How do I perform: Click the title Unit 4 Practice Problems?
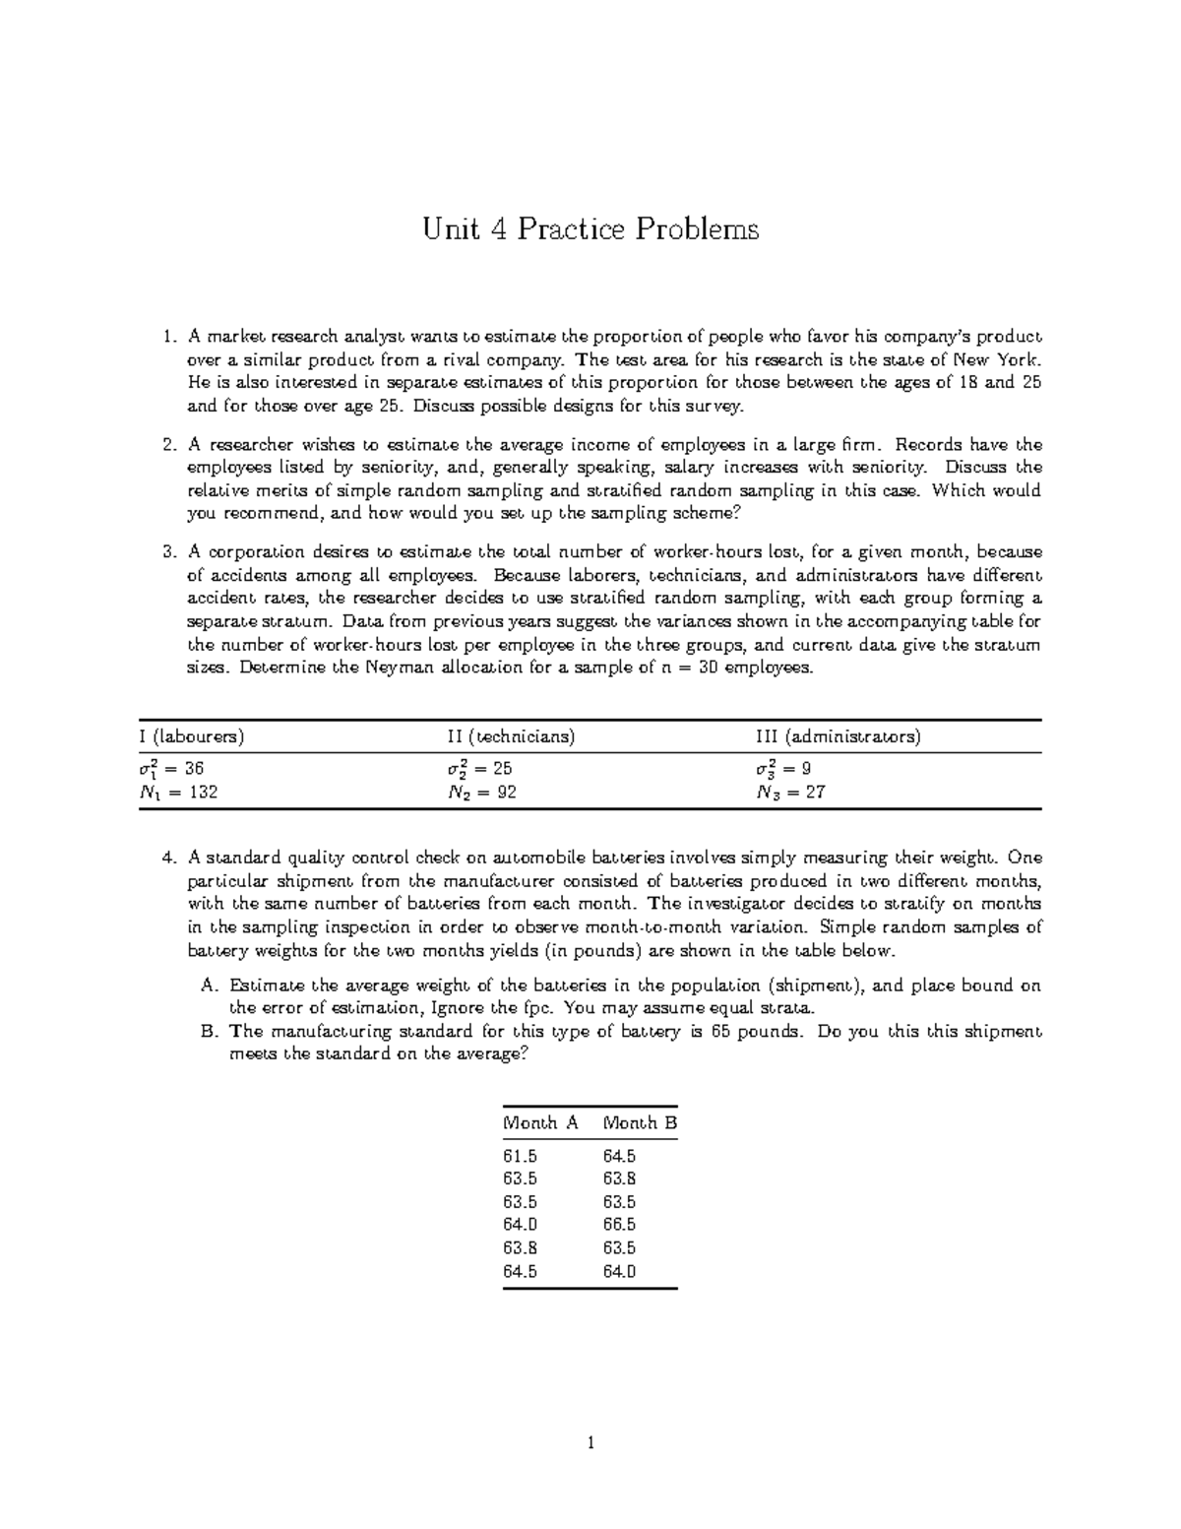590,230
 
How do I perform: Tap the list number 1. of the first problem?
167,337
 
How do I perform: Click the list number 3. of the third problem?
167,551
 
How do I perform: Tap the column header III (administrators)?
838,736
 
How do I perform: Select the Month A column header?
540,1122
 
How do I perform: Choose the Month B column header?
640,1122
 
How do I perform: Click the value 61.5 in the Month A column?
520,1156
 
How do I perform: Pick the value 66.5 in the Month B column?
620,1225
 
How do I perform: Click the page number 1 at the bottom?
590,1444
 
